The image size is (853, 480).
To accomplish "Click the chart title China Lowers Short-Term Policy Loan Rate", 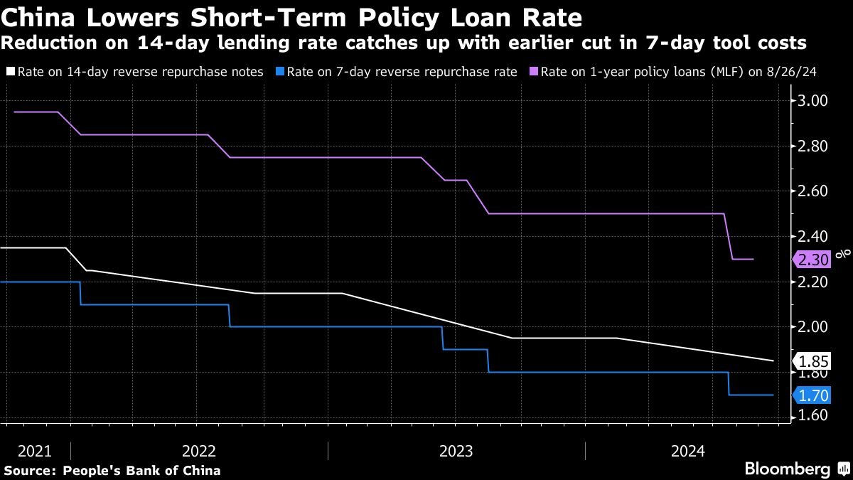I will (x=292, y=16).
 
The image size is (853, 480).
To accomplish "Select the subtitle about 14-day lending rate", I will (x=404, y=43).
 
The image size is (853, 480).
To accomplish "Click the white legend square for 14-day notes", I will (x=10, y=72).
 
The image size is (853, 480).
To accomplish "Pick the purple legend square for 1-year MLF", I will (x=534, y=72).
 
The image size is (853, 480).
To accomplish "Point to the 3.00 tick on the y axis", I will (x=813, y=101).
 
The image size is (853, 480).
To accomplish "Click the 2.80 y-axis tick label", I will (x=813, y=146).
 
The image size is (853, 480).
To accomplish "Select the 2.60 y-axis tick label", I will (x=813, y=191).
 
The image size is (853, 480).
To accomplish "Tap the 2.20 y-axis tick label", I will (x=813, y=282).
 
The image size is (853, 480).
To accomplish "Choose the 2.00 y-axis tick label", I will (x=813, y=327).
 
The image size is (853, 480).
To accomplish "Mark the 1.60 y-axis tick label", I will (x=813, y=416).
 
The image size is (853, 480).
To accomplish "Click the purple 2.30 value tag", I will (x=812, y=260).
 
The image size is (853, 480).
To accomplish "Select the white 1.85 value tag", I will (x=812, y=361).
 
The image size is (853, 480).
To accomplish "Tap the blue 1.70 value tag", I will (x=812, y=395).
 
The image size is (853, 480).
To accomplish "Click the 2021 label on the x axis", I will (x=35, y=451).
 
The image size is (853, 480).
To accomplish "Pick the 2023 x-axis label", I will (x=456, y=451).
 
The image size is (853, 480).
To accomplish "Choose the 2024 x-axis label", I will (x=688, y=451).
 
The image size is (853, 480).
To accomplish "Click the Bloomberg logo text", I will (x=787, y=469).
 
